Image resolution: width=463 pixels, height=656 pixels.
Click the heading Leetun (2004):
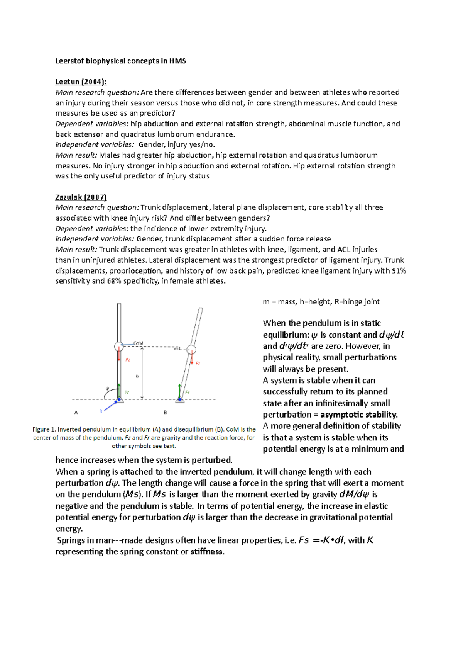[x=81, y=82]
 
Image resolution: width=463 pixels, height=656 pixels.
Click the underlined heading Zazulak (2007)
[x=81, y=197]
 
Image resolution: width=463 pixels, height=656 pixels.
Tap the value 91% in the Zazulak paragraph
[x=399, y=271]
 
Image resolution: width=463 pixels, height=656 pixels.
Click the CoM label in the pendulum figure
[x=138, y=343]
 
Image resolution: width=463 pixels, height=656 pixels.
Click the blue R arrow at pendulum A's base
[x=110, y=406]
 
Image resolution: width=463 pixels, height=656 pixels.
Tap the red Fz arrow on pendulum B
[x=191, y=359]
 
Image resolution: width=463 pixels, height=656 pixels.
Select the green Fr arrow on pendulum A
[x=119, y=391]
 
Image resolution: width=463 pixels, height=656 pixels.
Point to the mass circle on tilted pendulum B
[x=191, y=350]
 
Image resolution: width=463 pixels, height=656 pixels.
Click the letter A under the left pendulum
[x=76, y=413]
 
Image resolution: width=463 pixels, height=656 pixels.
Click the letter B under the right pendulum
[x=165, y=413]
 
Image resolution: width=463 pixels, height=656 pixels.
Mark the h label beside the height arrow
[x=137, y=376]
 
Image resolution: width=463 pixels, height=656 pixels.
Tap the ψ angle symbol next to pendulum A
[x=107, y=388]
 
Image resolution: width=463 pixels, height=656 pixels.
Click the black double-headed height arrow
[x=142, y=373]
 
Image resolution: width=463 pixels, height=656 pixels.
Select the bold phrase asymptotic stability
[x=359, y=415]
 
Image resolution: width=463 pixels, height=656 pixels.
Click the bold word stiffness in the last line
[x=207, y=552]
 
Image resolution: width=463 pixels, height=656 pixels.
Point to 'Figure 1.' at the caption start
[x=44, y=429]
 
